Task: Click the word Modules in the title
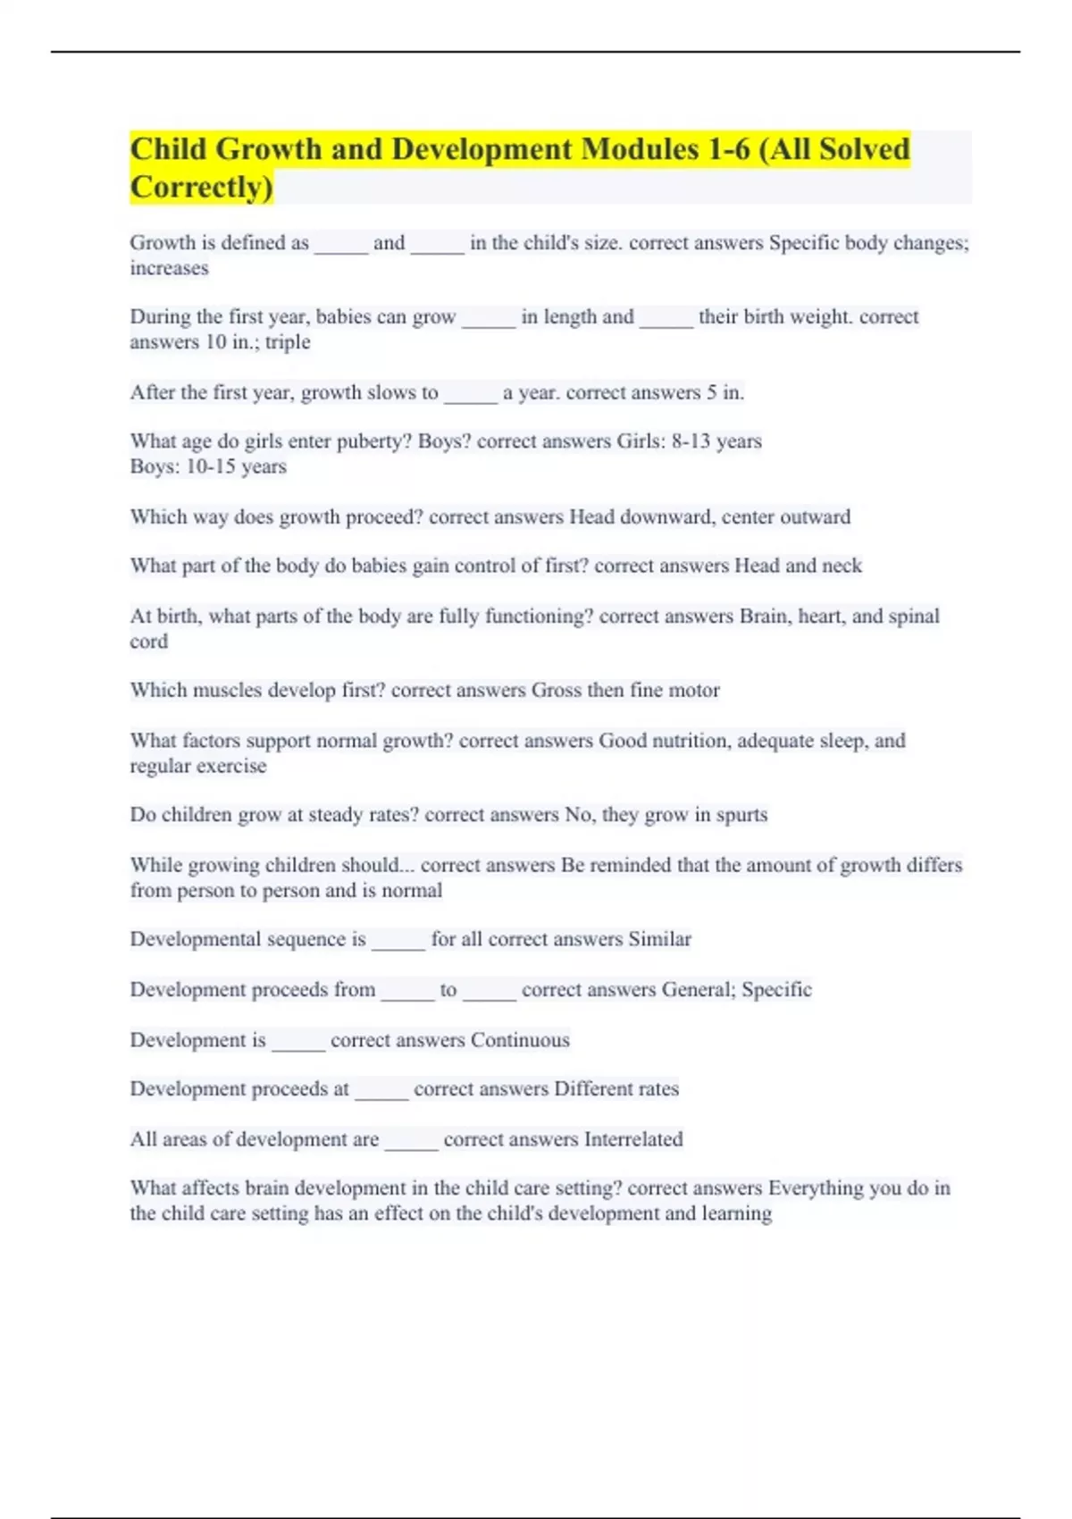click(x=640, y=148)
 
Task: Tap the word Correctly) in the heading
click(x=202, y=187)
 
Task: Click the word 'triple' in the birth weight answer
click(x=288, y=342)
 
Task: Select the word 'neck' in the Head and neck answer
click(x=842, y=566)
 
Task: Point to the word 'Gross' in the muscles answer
click(x=556, y=690)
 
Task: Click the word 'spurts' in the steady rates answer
click(x=741, y=815)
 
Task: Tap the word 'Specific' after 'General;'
click(x=776, y=990)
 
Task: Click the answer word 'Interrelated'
click(x=633, y=1139)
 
